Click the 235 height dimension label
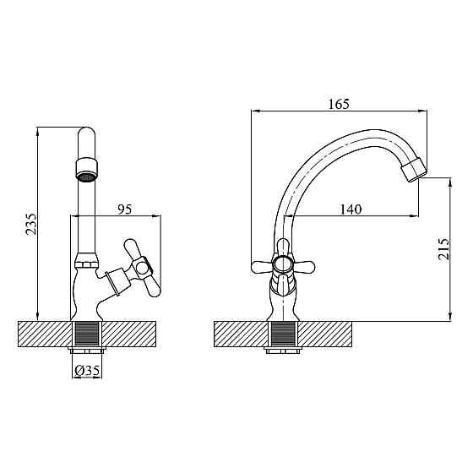coord(31,224)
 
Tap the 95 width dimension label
coord(125,209)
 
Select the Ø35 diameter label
coord(87,371)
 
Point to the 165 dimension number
coord(339,104)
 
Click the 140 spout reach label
coord(351,209)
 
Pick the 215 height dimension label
coord(443,249)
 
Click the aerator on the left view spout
coord(86,171)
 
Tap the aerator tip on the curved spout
coord(413,170)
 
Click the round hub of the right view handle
coord(282,265)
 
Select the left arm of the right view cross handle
coord(262,266)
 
